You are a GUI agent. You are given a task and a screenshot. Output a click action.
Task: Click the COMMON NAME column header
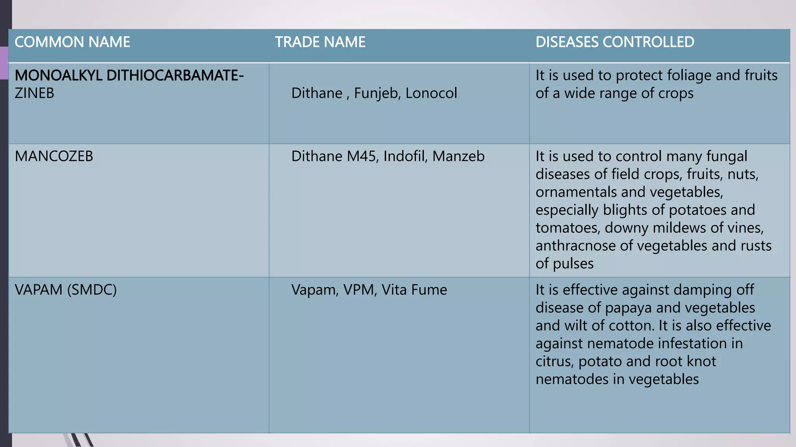[x=72, y=42]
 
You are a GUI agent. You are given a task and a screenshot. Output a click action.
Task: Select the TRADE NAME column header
[x=320, y=42]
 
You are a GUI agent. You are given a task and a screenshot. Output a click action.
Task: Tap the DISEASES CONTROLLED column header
[x=615, y=42]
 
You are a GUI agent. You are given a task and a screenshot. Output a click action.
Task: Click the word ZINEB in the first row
[x=34, y=93]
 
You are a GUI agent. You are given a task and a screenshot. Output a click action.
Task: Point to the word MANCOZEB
[x=54, y=156]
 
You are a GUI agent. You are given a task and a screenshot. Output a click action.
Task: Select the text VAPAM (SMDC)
[x=66, y=290]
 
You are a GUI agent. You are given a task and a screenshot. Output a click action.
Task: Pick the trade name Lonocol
[x=431, y=94]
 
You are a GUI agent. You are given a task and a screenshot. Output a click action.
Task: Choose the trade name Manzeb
[x=459, y=156]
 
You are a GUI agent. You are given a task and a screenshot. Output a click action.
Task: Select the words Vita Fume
[x=414, y=290]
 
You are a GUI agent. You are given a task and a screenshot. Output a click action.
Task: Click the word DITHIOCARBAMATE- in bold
[x=175, y=75]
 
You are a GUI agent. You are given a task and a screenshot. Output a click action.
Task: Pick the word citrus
[x=554, y=361]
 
